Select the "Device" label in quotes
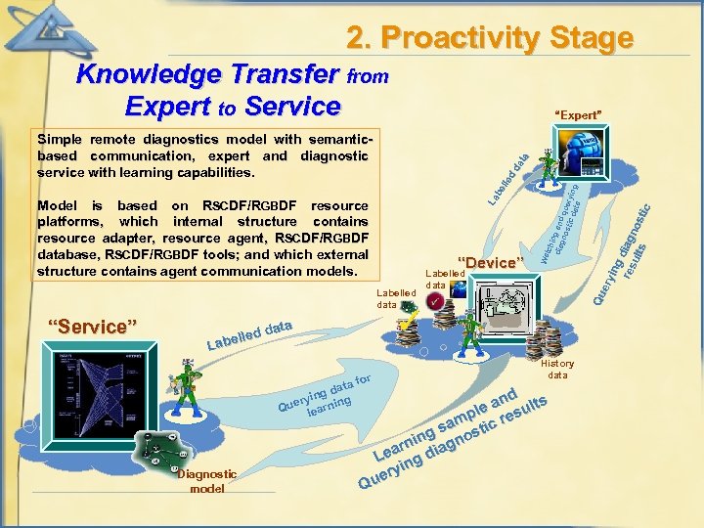click(489, 263)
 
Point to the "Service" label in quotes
click(93, 326)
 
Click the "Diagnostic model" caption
click(206, 480)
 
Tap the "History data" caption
click(557, 369)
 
